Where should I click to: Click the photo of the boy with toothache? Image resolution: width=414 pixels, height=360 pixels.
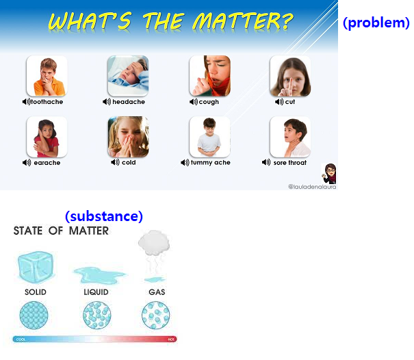point(47,75)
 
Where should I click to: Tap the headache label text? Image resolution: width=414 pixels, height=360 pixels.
point(129,102)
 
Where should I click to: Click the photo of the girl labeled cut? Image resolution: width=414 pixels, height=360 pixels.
point(290,75)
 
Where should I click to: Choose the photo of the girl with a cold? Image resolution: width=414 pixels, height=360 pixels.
point(128,137)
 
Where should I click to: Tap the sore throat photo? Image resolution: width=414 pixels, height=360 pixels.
point(290,137)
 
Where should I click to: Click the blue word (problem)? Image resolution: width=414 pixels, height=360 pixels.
point(376,23)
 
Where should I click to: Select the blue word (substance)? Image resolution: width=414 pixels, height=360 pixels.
point(104,216)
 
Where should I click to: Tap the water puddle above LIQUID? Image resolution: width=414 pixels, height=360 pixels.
point(95,274)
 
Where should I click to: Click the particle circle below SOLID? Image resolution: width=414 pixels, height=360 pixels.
point(35,316)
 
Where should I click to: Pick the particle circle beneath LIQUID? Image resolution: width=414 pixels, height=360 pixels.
point(96,316)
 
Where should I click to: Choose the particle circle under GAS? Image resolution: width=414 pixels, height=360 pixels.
point(155,316)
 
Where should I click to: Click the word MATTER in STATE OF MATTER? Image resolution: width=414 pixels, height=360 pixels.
point(88,231)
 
